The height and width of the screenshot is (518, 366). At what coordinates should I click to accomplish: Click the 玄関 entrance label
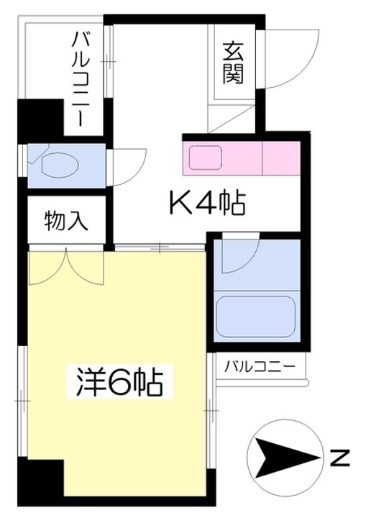[232, 63]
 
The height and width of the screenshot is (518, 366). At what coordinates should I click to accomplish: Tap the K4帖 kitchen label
[207, 204]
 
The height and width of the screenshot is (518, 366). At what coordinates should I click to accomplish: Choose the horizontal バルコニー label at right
[260, 366]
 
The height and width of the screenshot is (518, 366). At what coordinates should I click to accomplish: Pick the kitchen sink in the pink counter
[206, 156]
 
